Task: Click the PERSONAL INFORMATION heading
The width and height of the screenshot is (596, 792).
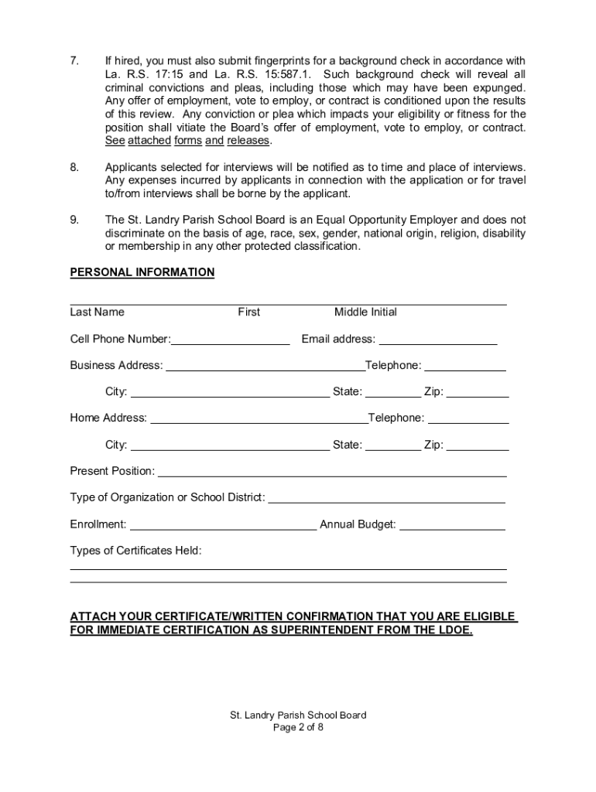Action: coord(142,272)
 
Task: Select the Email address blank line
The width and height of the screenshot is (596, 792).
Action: coord(437,340)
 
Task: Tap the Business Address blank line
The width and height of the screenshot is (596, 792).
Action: coord(265,367)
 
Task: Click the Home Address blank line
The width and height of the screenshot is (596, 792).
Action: coord(259,419)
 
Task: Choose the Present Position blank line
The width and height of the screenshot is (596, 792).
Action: coord(332,472)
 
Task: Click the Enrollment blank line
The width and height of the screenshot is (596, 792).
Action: coord(223,525)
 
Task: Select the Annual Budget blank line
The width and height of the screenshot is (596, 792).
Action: coord(452,525)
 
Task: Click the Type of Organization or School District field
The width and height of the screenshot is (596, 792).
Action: coord(386,498)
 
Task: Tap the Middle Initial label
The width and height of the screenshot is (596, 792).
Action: coord(365,312)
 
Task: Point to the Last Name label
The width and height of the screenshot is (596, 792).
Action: coord(97,312)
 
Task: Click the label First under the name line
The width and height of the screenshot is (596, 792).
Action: coord(248,312)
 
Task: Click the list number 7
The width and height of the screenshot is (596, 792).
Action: coord(74,61)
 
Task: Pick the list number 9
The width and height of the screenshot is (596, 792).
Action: coord(74,220)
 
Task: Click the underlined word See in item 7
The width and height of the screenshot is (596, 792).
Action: coord(115,141)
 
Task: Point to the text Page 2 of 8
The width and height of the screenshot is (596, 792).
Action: coord(298,728)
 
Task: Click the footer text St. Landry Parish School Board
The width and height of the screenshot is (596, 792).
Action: coord(298,715)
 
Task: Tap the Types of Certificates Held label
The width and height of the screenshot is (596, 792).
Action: coord(135,551)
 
